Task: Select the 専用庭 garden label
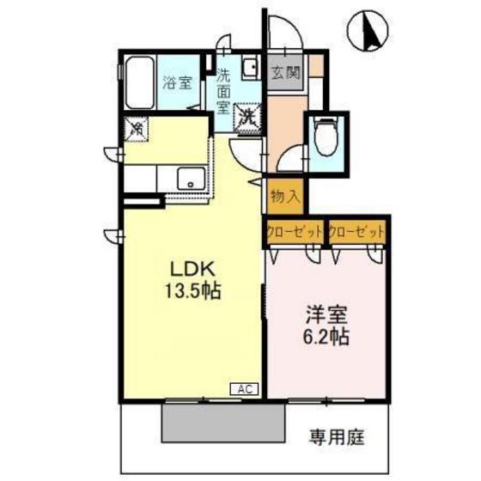pyautogui.click(x=337, y=437)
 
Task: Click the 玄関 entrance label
pyautogui.click(x=285, y=72)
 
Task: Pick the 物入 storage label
pyautogui.click(x=283, y=195)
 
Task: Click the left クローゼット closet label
pyautogui.click(x=294, y=232)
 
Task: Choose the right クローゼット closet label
pyautogui.click(x=356, y=232)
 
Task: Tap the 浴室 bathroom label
pyautogui.click(x=177, y=85)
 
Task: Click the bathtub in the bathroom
pyautogui.click(x=137, y=82)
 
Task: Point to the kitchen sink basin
pyautogui.click(x=190, y=180)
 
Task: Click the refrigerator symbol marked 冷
pyautogui.click(x=137, y=129)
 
